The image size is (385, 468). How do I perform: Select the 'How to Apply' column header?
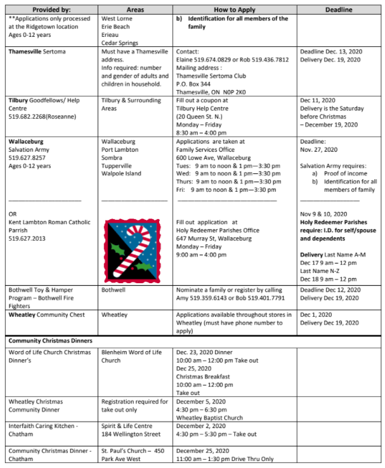click(234, 10)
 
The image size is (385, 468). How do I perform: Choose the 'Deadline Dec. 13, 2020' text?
click(330, 51)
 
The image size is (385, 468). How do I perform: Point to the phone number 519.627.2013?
click(30, 230)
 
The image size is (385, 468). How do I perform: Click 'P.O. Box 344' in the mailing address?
click(198, 83)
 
